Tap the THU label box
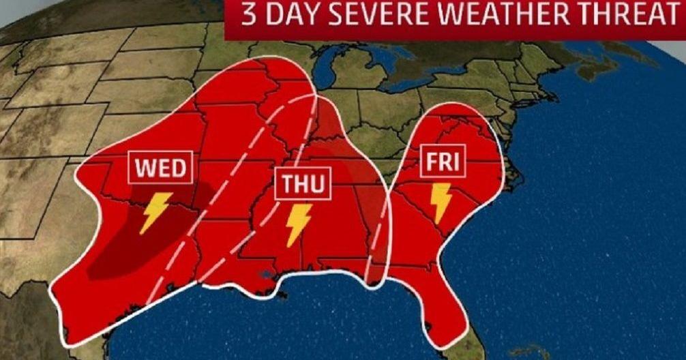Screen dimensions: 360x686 303,185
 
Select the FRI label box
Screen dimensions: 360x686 443,162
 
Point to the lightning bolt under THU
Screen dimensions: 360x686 297,225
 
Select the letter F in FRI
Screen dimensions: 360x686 431,162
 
